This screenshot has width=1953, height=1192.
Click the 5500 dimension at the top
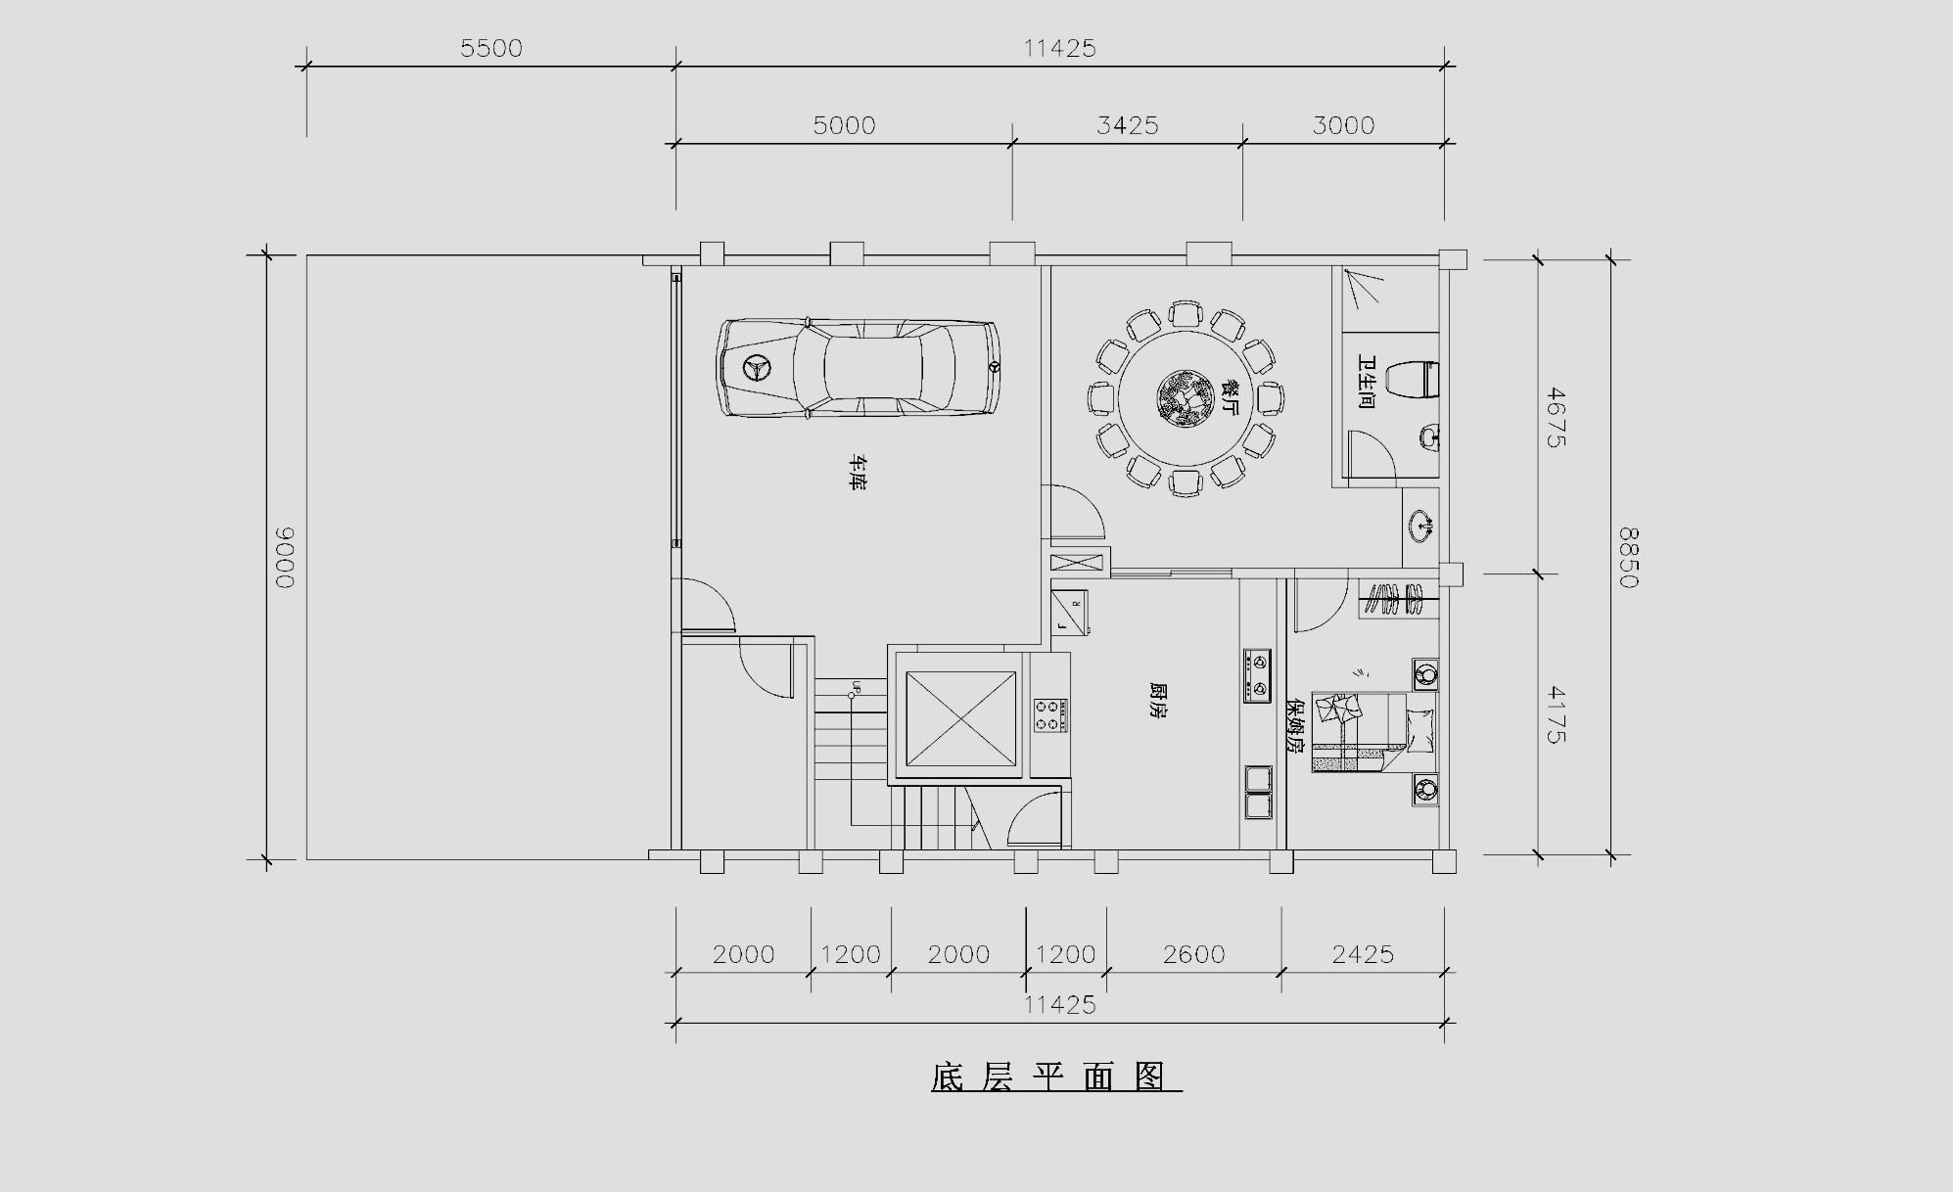pyautogui.click(x=491, y=48)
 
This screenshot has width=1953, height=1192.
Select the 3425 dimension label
pyautogui.click(x=1127, y=125)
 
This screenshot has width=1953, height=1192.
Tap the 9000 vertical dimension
pyautogui.click(x=284, y=558)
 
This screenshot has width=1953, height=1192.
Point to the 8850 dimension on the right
pyautogui.click(x=1627, y=558)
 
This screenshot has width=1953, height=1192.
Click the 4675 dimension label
pyautogui.click(x=1556, y=418)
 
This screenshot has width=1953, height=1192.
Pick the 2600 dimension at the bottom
pyautogui.click(x=1193, y=954)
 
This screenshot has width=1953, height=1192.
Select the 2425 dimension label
pyautogui.click(x=1363, y=954)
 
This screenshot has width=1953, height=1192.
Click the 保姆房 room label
pyautogui.click(x=1295, y=725)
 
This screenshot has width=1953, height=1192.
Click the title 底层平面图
pyautogui.click(x=1055, y=1077)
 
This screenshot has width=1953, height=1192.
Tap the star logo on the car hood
pyautogui.click(x=757, y=369)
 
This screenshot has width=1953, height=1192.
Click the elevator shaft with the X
pyautogui.click(x=961, y=719)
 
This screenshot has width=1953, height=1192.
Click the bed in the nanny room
pyautogui.click(x=1374, y=732)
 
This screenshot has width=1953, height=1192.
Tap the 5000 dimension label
pyautogui.click(x=844, y=125)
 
